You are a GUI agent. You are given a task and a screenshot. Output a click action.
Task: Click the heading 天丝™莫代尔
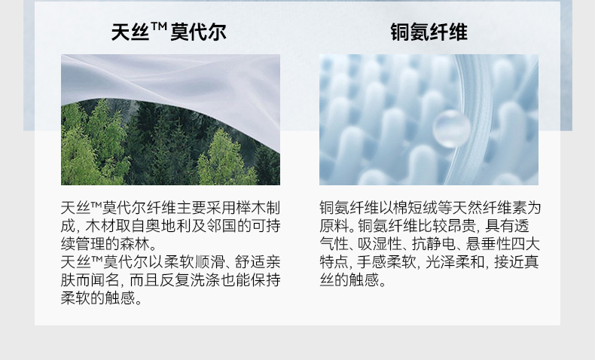[169, 32]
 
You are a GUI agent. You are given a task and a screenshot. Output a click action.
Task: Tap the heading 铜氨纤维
[429, 32]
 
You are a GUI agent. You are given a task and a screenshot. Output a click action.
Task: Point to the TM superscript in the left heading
[159, 27]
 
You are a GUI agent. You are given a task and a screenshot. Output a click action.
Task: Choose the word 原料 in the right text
[333, 226]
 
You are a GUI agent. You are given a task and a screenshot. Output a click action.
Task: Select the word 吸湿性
[379, 244]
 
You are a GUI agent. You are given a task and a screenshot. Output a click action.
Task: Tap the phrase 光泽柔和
[453, 262]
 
